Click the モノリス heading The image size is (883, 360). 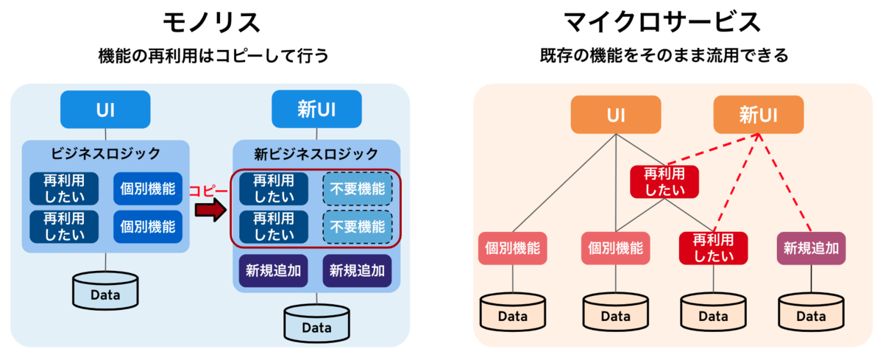(212, 23)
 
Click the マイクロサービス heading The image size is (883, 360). (663, 23)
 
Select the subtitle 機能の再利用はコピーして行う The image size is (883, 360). (213, 56)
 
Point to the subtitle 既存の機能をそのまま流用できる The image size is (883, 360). (664, 56)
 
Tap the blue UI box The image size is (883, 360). (105, 110)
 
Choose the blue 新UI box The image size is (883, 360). (316, 109)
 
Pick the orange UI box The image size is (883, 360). (616, 115)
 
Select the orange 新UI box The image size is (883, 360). (759, 115)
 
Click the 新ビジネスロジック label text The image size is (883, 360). (316, 154)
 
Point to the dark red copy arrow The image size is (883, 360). (211, 210)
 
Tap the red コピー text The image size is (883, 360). (208, 191)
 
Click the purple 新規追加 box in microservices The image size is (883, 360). (811, 248)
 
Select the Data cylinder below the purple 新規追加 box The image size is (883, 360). (811, 311)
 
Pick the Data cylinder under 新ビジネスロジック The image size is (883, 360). (316, 323)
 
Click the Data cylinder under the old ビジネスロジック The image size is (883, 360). (105, 290)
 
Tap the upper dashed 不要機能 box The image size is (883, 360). (358, 189)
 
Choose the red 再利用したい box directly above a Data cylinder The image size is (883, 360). (713, 248)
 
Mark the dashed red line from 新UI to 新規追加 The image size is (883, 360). (784, 183)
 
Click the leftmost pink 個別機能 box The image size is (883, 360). (512, 248)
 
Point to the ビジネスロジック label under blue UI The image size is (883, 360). (106, 153)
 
